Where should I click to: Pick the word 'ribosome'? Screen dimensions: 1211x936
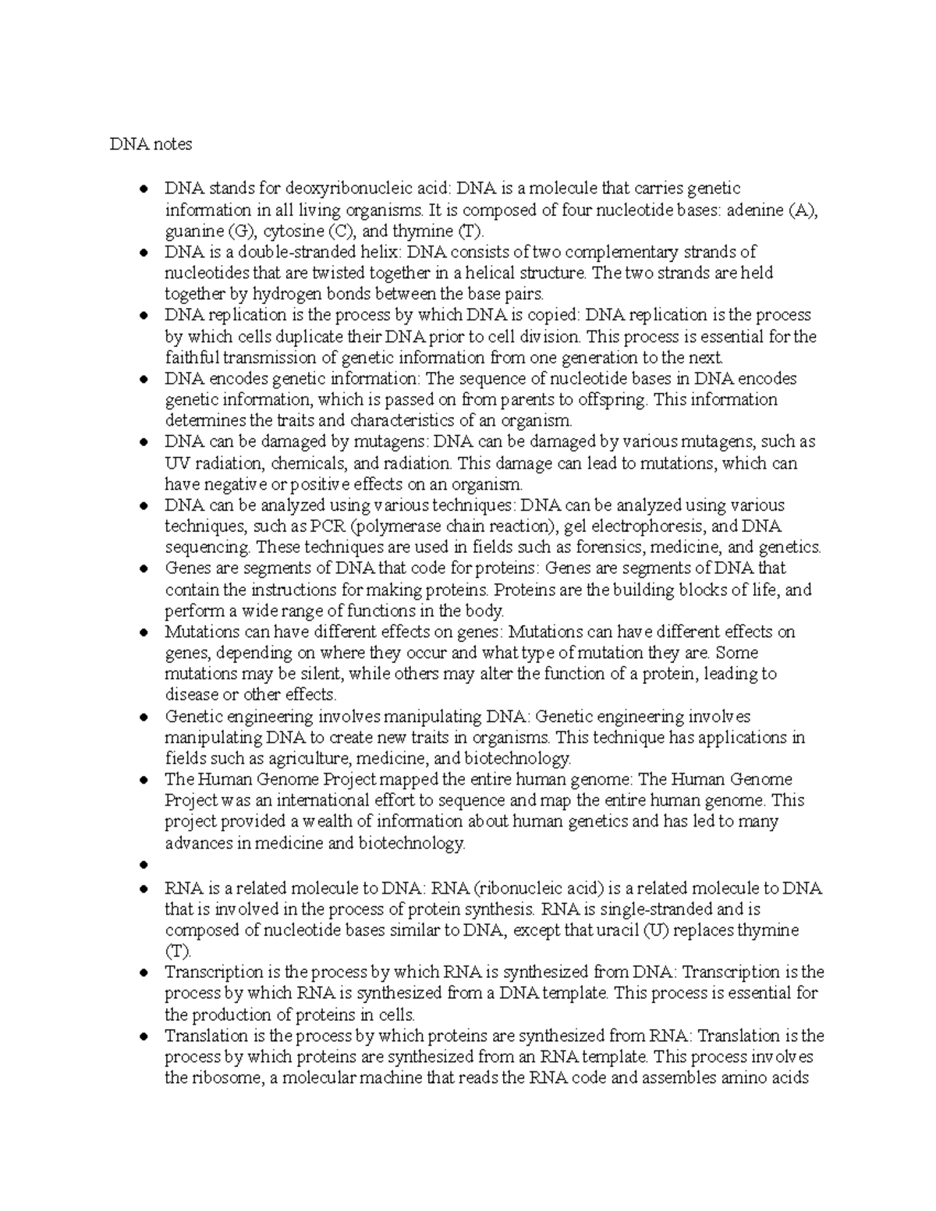point(225,1079)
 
